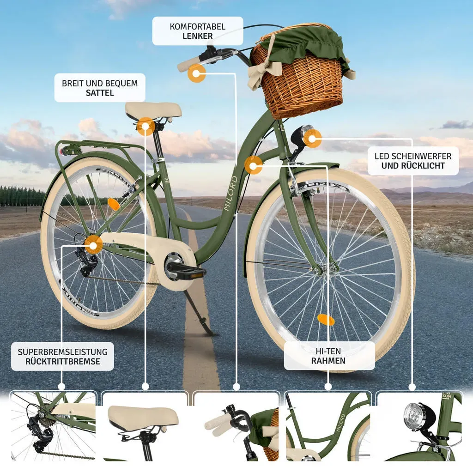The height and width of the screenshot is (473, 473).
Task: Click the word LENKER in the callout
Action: pos(198,36)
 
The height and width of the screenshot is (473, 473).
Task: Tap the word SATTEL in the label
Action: pos(100,93)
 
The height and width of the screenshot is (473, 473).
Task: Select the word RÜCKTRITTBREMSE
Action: pos(63,361)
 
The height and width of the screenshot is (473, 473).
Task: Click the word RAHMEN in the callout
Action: pos(328,361)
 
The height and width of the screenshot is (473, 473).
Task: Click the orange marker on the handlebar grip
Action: pos(196,73)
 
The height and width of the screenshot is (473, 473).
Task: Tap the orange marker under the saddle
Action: pos(146,126)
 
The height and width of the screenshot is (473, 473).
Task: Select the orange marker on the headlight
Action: pos(312,139)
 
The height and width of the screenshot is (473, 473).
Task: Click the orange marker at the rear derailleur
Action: pos(93,246)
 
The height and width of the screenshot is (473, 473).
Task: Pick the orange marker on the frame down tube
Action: pos(253,165)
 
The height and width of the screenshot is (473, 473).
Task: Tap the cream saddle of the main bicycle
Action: pos(153,110)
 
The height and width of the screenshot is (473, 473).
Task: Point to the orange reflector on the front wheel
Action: pos(326,320)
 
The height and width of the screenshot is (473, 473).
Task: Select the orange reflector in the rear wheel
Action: pos(114,204)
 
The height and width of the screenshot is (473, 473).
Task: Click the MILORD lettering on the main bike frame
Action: pos(230,194)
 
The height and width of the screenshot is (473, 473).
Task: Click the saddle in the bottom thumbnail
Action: pos(143,418)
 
